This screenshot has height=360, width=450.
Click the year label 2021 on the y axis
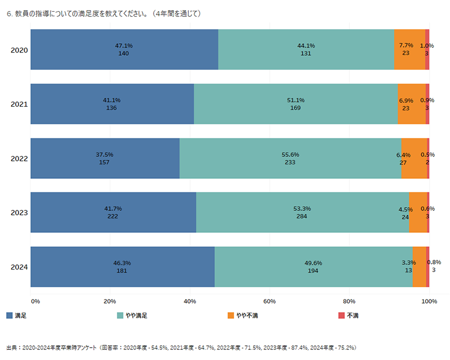(x=19, y=105)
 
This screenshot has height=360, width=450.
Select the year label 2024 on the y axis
(x=19, y=267)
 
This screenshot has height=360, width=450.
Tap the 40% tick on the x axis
(x=190, y=301)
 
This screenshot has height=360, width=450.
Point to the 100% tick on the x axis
(x=429, y=301)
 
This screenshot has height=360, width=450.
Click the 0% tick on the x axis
(x=35, y=301)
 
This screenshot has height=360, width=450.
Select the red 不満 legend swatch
(x=341, y=316)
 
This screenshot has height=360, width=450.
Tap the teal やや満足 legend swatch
(x=120, y=316)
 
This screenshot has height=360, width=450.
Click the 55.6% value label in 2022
(x=290, y=155)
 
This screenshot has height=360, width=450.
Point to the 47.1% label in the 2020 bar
(x=124, y=46)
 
